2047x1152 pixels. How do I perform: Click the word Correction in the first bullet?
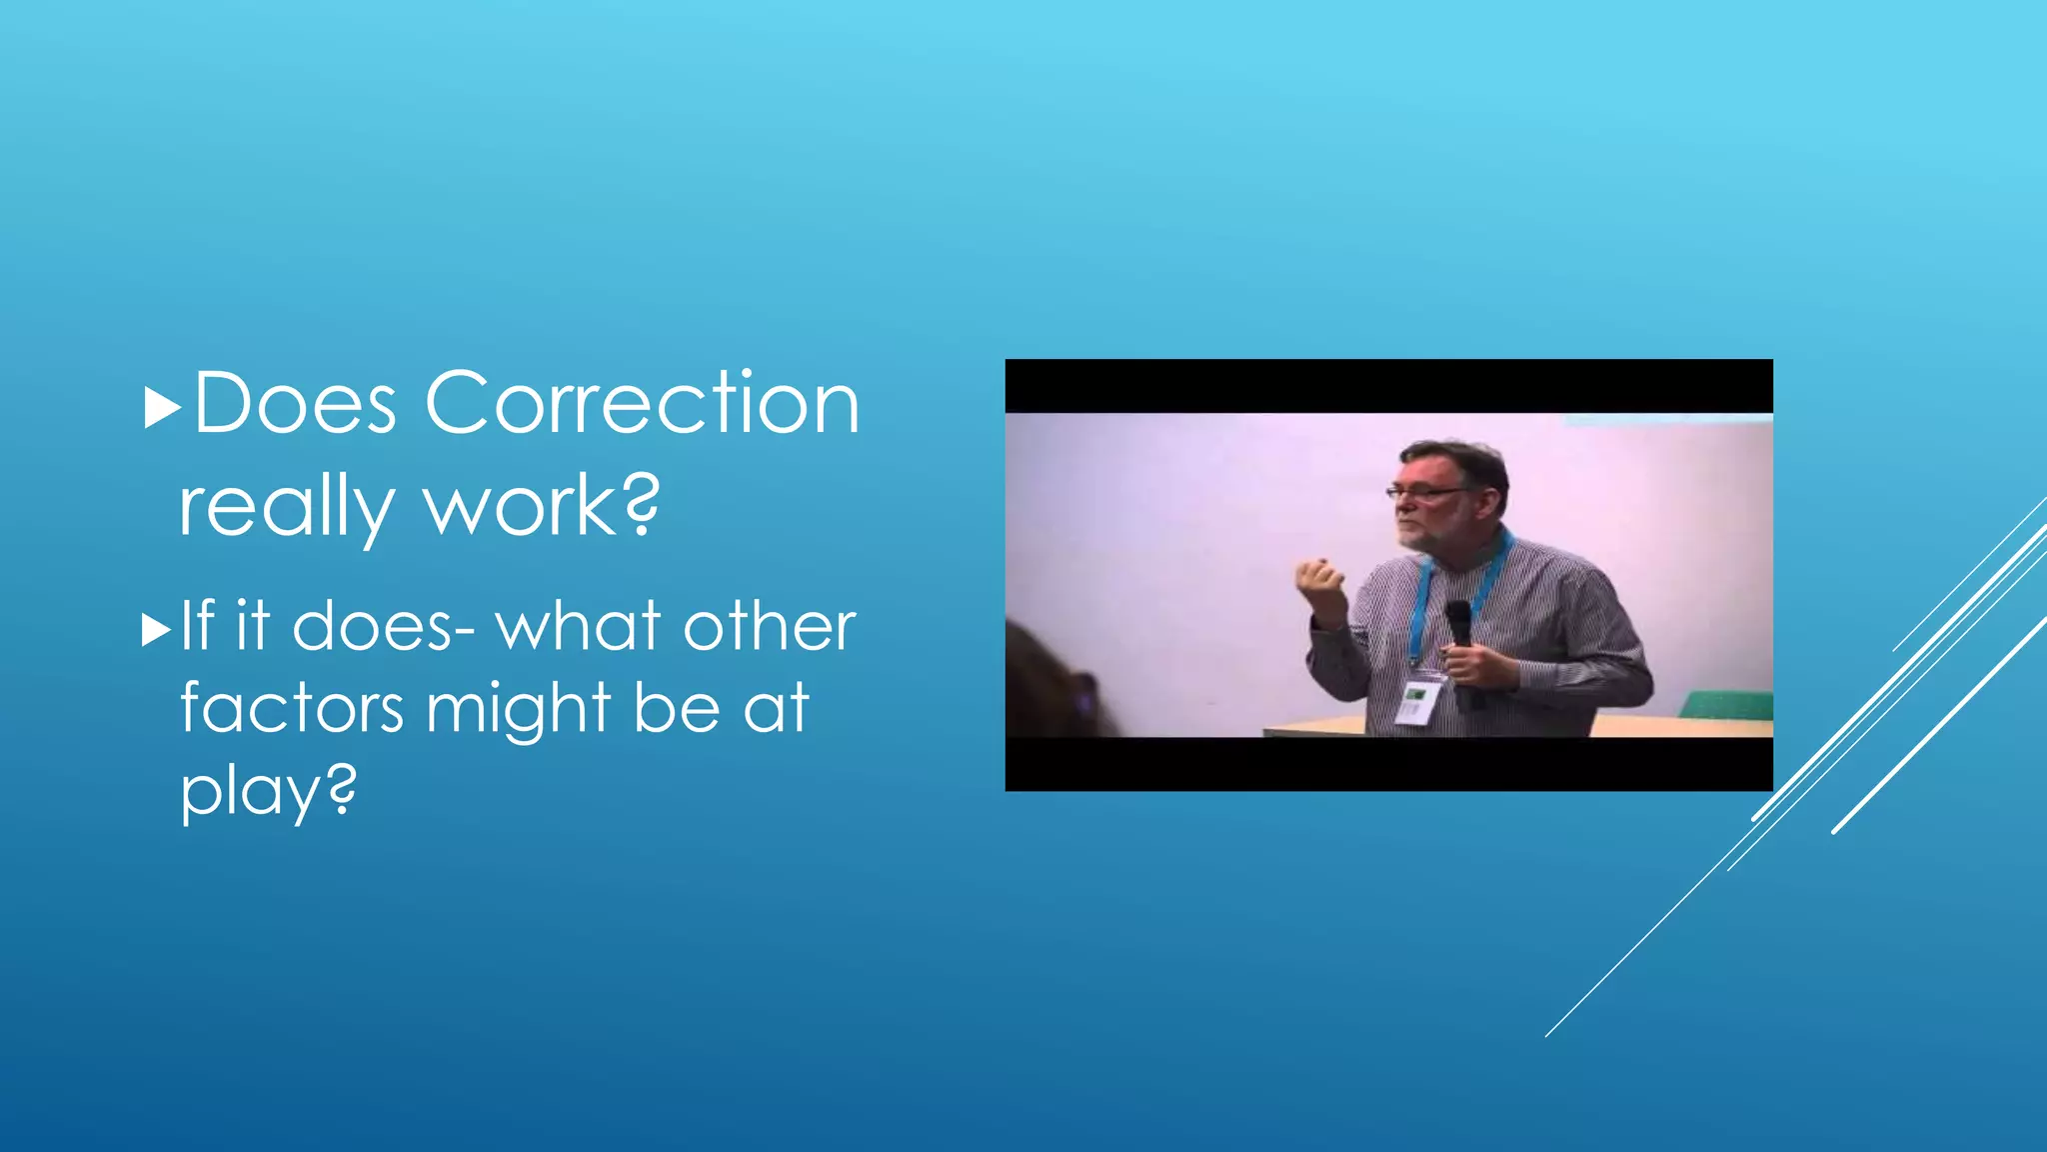642,403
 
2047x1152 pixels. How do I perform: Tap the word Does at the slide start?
295,403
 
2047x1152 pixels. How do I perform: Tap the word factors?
292,708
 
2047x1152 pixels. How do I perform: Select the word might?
519,708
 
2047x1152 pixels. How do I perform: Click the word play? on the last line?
268,792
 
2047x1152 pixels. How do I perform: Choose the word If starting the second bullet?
197,627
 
